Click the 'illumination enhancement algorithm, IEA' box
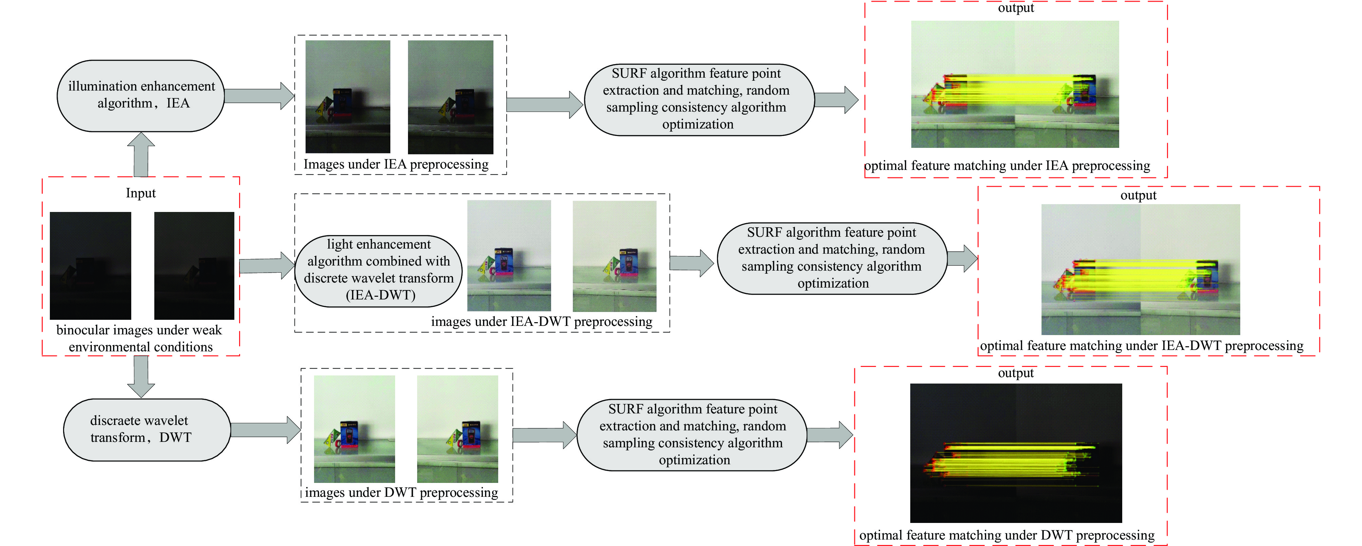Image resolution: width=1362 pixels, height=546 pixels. click(141, 95)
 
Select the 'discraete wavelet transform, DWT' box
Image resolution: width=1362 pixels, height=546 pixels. click(147, 429)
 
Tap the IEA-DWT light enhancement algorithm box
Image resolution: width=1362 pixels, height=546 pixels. click(378, 270)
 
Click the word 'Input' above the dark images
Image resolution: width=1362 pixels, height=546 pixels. click(141, 193)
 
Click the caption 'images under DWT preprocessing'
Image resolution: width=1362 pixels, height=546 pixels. click(401, 493)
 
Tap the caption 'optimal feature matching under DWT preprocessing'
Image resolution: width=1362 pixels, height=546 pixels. click(1007, 535)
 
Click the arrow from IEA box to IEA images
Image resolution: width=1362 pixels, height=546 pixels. click(259, 96)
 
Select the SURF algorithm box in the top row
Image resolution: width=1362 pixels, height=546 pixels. click(698, 99)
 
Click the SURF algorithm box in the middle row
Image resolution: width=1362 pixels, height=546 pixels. click(832, 258)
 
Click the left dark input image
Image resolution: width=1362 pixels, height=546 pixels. click(91, 265)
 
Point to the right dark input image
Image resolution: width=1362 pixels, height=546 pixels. click(194, 265)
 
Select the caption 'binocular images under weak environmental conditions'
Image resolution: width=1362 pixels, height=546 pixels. click(140, 338)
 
